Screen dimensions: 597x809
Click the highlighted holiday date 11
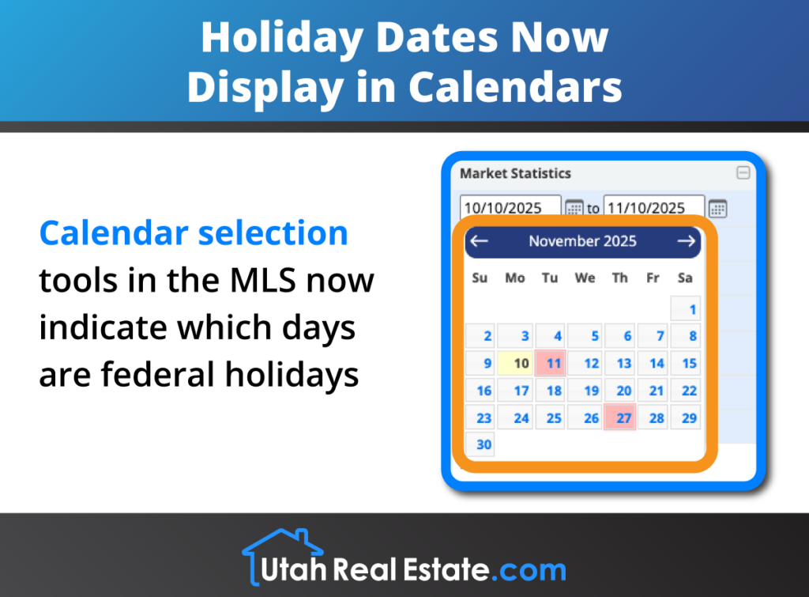551,364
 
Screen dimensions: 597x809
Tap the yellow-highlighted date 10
517,364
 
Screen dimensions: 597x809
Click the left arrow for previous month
480,241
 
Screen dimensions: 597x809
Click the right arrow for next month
686,241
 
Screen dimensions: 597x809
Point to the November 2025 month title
582,241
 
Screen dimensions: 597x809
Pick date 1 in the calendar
686,309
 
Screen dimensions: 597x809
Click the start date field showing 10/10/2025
510,208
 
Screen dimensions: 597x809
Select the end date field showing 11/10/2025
653,208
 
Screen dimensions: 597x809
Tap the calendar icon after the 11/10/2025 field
717,208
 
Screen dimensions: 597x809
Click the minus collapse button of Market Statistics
743,173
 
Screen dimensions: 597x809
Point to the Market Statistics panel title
515,173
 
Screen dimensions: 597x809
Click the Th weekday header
620,278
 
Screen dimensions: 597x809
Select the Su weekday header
480,278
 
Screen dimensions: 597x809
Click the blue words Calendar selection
194,232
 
